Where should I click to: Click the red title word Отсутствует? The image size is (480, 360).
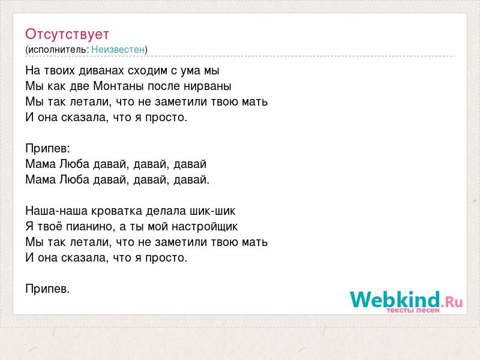(x=67, y=34)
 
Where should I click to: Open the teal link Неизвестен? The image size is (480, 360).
(x=118, y=49)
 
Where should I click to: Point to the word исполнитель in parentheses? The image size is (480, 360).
(x=58, y=50)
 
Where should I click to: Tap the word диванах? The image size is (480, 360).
(x=101, y=70)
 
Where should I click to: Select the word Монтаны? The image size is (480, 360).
(x=119, y=86)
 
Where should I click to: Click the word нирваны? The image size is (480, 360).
(x=207, y=86)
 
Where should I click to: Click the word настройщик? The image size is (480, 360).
(x=205, y=227)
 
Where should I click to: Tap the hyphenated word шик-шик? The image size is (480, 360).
(x=212, y=211)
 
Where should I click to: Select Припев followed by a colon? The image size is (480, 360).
(x=48, y=149)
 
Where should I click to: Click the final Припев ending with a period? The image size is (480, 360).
(x=47, y=289)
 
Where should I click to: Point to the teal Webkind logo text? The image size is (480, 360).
(x=395, y=299)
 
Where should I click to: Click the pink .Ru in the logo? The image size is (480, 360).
(x=452, y=302)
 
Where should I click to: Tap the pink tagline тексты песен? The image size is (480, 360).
(x=413, y=310)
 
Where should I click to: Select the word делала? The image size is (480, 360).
(x=166, y=211)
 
